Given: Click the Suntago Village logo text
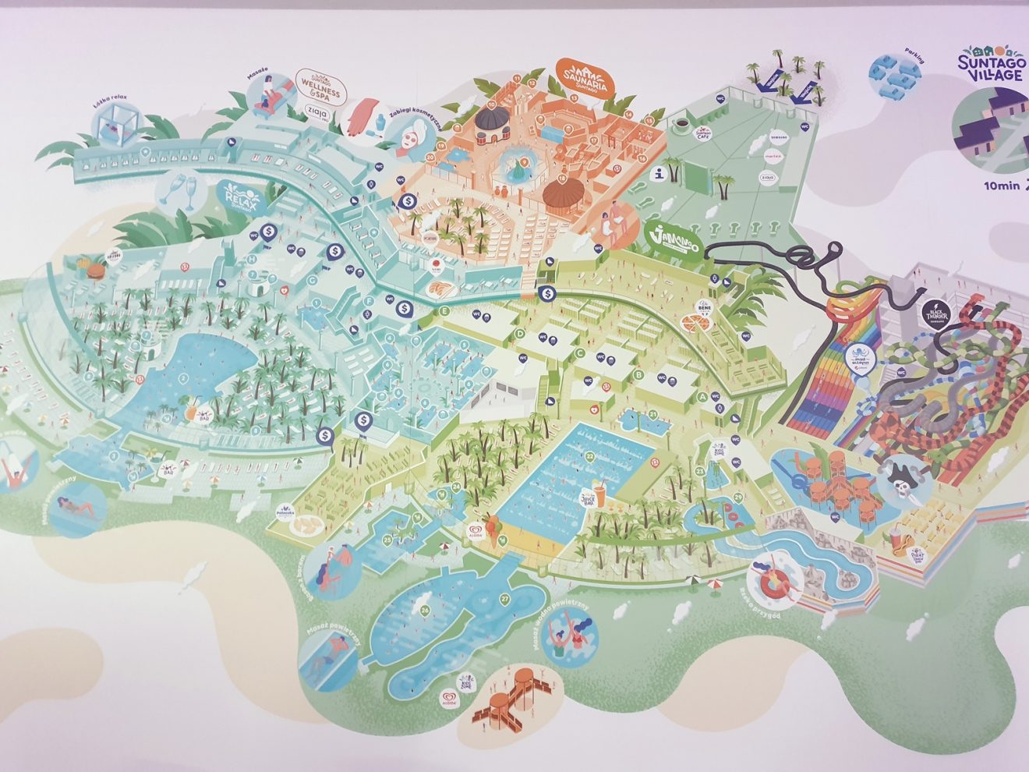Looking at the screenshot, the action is click(x=989, y=66).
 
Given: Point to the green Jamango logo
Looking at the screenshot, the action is click(x=674, y=239).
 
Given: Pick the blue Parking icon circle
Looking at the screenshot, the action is click(x=893, y=76).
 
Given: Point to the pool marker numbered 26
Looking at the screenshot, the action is click(x=425, y=610).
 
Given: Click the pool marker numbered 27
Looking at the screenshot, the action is click(x=504, y=600).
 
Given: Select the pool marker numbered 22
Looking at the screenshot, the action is click(x=590, y=456).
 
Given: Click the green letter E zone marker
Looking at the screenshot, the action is click(x=445, y=311).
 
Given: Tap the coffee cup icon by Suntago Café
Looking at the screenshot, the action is click(x=681, y=124).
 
